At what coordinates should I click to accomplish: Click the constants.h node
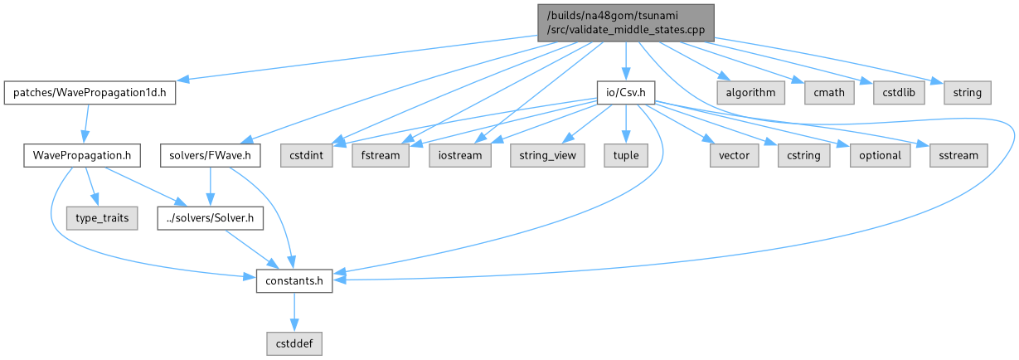[294, 281]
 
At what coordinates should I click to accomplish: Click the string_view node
[547, 155]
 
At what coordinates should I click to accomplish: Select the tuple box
[626, 155]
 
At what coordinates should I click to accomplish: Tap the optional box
[878, 155]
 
